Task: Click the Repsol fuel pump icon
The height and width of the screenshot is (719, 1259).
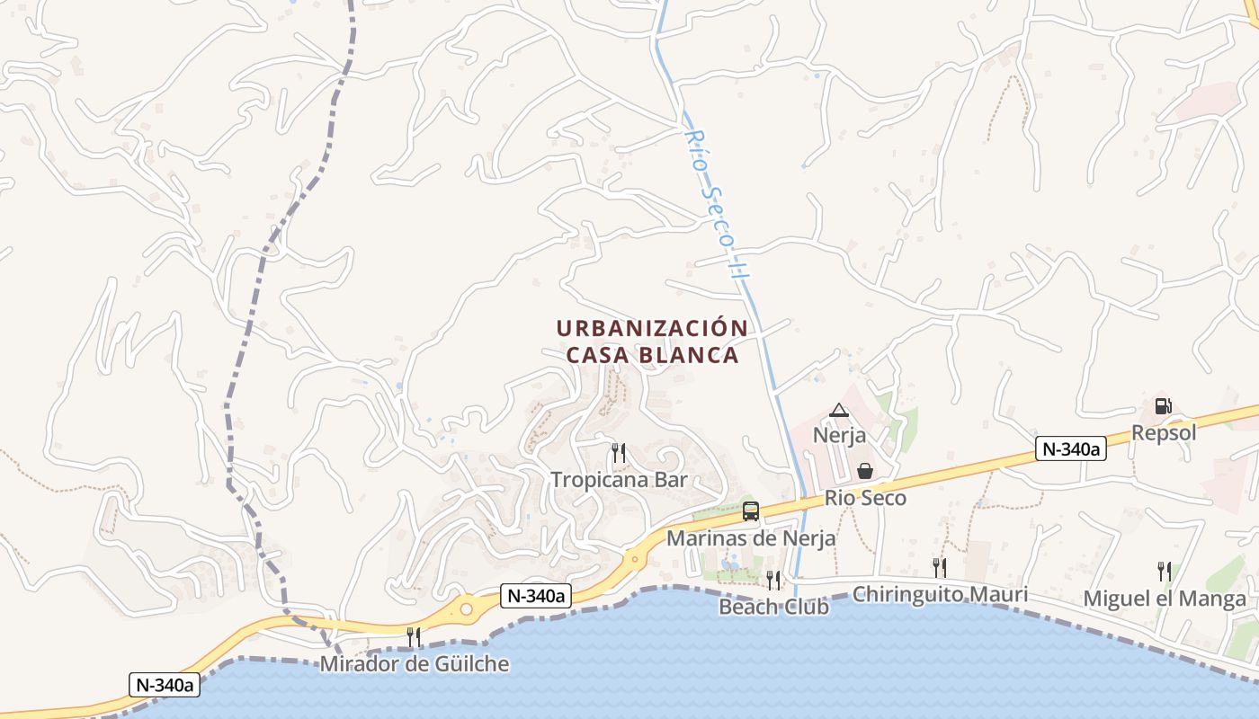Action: click(1163, 406)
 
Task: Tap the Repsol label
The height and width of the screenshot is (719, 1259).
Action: click(1164, 433)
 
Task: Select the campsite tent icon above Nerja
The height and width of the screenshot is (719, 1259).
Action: click(838, 411)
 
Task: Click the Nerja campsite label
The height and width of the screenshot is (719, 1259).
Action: click(839, 436)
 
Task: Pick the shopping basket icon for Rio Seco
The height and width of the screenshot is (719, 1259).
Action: click(864, 471)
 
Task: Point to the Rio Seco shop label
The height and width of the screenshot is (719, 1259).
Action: click(865, 498)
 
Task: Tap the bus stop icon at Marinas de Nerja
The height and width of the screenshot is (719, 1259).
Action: click(751, 511)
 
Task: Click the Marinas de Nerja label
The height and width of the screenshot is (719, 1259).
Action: click(751, 538)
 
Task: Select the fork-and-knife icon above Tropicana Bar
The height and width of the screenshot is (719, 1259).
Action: click(618, 452)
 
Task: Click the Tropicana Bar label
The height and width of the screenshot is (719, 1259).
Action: click(619, 479)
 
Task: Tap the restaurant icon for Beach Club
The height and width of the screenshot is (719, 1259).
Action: click(773, 580)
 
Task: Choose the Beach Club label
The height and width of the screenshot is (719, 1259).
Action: click(773, 607)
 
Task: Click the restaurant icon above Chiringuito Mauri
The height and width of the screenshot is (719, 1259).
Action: click(939, 567)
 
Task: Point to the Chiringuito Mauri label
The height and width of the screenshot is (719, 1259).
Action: click(940, 594)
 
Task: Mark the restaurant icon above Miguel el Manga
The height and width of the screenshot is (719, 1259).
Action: click(1164, 571)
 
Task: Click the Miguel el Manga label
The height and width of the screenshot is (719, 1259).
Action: click(1165, 599)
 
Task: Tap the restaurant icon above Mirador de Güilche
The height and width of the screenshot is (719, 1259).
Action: click(414, 637)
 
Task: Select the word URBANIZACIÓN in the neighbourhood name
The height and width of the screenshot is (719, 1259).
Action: click(652, 328)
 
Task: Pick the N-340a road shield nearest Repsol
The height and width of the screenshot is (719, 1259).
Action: click(1070, 449)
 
